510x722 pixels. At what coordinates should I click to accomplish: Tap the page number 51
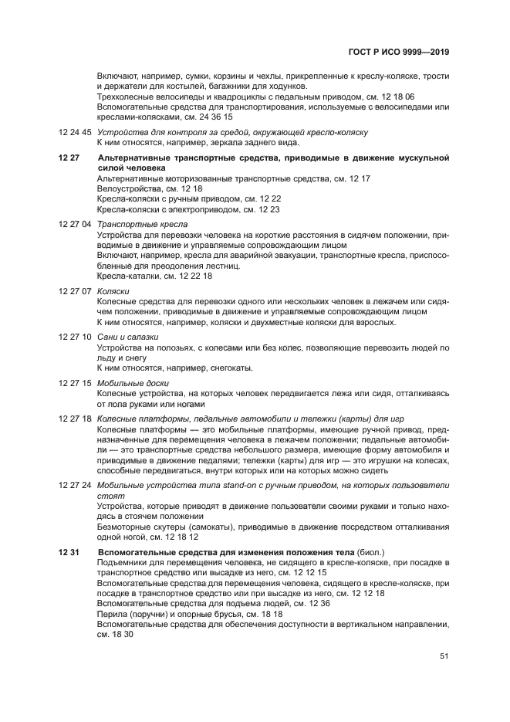click(444, 656)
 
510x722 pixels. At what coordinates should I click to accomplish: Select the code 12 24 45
click(75, 133)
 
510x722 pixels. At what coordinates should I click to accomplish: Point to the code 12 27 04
click(75, 224)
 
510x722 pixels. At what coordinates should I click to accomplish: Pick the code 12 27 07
click(75, 291)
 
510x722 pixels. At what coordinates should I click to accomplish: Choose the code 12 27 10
click(75, 337)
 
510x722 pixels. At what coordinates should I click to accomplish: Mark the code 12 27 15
click(75, 383)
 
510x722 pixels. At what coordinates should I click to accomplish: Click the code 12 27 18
click(75, 419)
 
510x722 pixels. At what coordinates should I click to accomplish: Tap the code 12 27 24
click(75, 485)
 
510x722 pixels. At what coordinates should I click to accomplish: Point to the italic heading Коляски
click(113, 291)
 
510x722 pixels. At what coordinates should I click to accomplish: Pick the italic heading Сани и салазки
click(128, 337)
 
